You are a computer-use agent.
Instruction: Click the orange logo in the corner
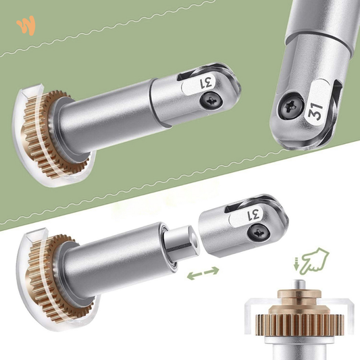26,25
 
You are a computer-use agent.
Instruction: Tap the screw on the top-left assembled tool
211,101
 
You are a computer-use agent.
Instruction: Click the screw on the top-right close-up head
290,106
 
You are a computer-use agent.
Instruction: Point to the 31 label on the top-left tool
206,83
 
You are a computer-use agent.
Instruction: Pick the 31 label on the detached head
254,215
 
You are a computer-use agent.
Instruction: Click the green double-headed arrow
203,273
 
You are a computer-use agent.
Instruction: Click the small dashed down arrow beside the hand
297,263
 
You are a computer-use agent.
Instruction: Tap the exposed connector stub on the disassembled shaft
182,241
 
